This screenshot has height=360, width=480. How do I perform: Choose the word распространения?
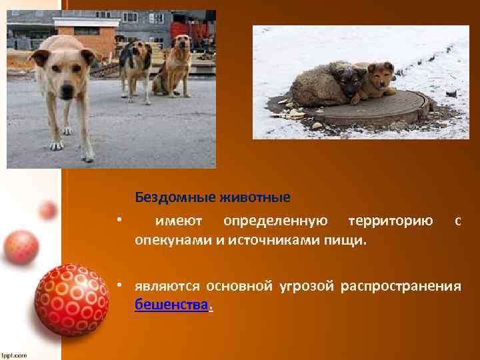[x=401, y=287]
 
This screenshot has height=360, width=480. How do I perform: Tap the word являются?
[x=167, y=287]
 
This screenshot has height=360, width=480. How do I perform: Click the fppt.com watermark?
[x=14, y=355]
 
